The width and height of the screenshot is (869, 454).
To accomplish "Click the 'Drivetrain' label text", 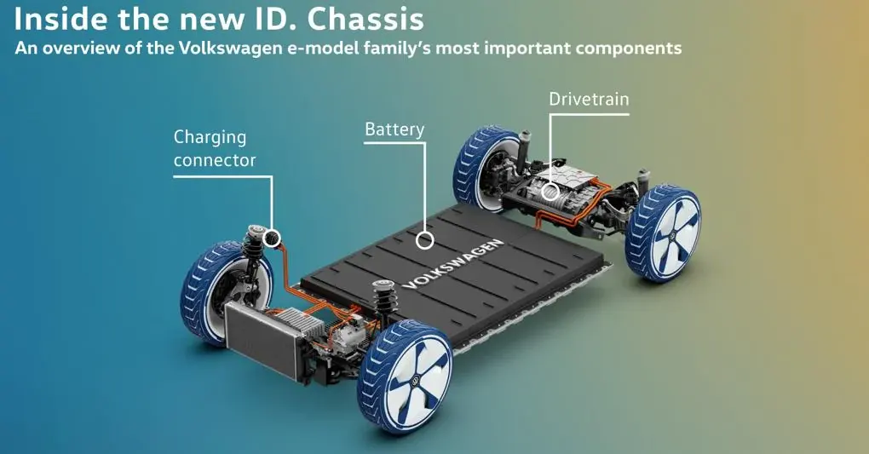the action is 589,99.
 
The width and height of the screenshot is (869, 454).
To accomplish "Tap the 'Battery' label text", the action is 394,129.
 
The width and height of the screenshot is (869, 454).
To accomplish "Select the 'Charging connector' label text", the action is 215,148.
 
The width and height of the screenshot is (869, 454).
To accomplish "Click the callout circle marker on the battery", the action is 425,240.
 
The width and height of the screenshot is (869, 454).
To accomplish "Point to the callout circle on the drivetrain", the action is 550,193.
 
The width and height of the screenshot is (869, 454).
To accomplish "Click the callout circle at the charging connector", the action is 272,238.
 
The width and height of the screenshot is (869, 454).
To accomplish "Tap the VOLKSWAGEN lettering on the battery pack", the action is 453,264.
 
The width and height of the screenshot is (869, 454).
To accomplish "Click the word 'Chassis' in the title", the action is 365,20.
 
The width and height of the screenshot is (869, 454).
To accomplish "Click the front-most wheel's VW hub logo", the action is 417,380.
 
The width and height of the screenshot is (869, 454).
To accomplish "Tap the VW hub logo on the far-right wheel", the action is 672,236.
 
